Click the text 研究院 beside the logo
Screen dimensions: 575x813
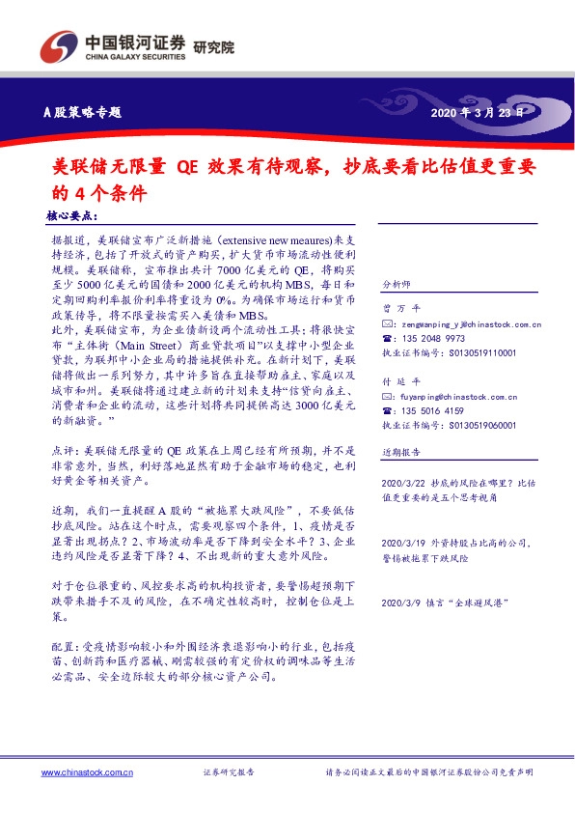[x=213, y=46]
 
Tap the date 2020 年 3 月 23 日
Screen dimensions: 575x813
[x=479, y=112]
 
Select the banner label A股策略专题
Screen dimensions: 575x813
[x=83, y=112]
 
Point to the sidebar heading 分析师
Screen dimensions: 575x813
[x=397, y=286]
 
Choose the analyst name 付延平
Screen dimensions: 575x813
[x=397, y=381]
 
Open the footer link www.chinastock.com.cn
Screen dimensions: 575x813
[x=87, y=772]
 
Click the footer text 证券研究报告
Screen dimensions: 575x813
[x=229, y=772]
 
